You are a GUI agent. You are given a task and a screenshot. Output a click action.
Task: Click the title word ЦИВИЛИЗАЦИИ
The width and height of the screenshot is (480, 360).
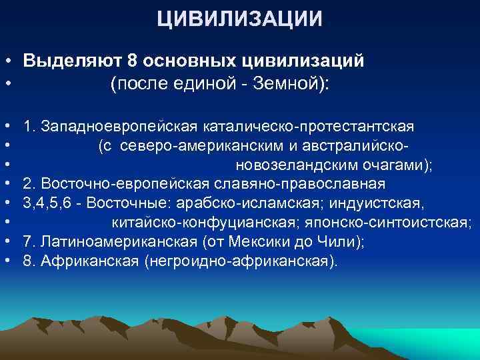click(x=240, y=18)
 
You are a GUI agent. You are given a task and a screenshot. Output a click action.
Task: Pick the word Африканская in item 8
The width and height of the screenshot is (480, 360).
click(x=89, y=260)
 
